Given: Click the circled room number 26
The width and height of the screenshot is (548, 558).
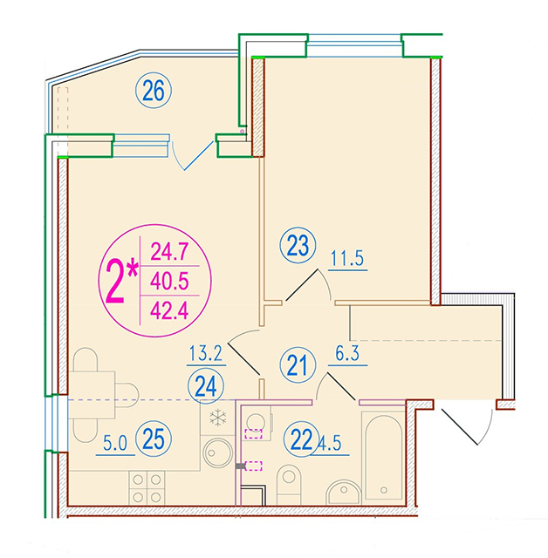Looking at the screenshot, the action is coord(154,91).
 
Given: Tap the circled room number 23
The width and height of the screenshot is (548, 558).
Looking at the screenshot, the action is coord(298,246).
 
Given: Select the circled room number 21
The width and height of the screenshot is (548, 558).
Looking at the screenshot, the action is coord(298,365).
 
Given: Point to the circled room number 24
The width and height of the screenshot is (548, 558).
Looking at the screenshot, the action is coord(206,386).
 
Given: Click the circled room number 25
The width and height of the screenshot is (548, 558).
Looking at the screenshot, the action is coord(154,439).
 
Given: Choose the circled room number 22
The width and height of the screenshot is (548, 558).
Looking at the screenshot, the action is coord(301,439).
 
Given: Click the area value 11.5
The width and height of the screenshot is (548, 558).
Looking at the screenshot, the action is coord(347,258).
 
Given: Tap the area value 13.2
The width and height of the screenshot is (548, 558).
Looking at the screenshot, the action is coord(206,353).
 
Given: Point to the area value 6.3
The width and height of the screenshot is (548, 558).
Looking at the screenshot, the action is coord(347,353).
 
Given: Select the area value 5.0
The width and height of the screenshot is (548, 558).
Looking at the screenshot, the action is coord(115,444).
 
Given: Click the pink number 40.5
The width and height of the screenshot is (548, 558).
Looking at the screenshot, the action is coord(169,281).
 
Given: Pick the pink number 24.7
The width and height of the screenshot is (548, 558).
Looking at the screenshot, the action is coord(169,252).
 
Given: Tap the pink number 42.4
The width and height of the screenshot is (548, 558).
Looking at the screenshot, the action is coord(169,310).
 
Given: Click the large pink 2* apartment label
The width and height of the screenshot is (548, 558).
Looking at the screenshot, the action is coord(121,281).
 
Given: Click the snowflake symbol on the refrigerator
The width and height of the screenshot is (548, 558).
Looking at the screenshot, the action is coord(217,418).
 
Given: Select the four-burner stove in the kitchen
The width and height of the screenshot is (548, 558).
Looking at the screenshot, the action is coord(147,488).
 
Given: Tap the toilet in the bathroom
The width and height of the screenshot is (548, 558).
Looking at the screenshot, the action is coord(289,485).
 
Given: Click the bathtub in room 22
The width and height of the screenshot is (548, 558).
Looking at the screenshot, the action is coord(383,458).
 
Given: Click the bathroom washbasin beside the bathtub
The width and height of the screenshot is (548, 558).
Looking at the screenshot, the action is coord(344,492).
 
